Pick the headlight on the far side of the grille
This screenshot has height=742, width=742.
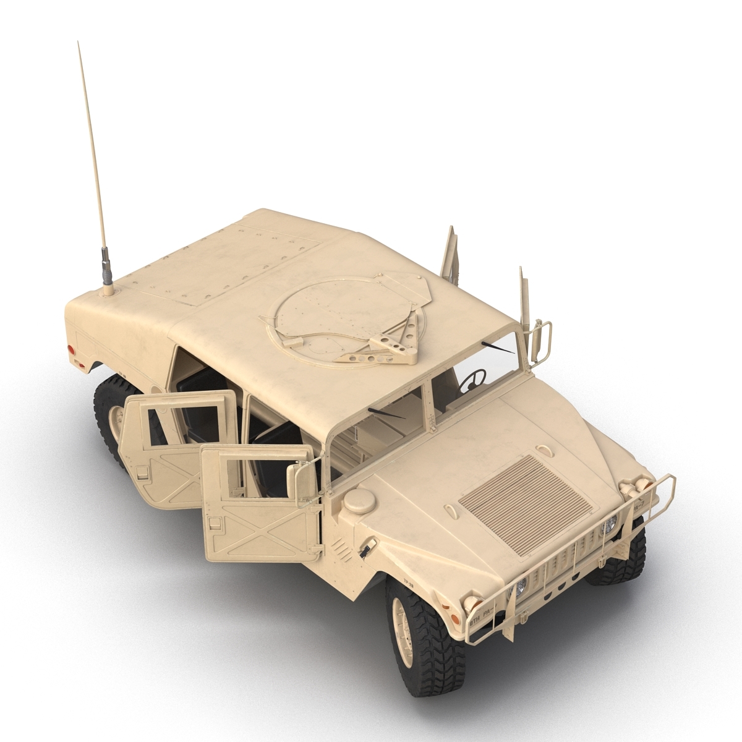coord(609,524)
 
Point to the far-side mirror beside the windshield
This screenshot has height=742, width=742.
coord(544,337)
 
